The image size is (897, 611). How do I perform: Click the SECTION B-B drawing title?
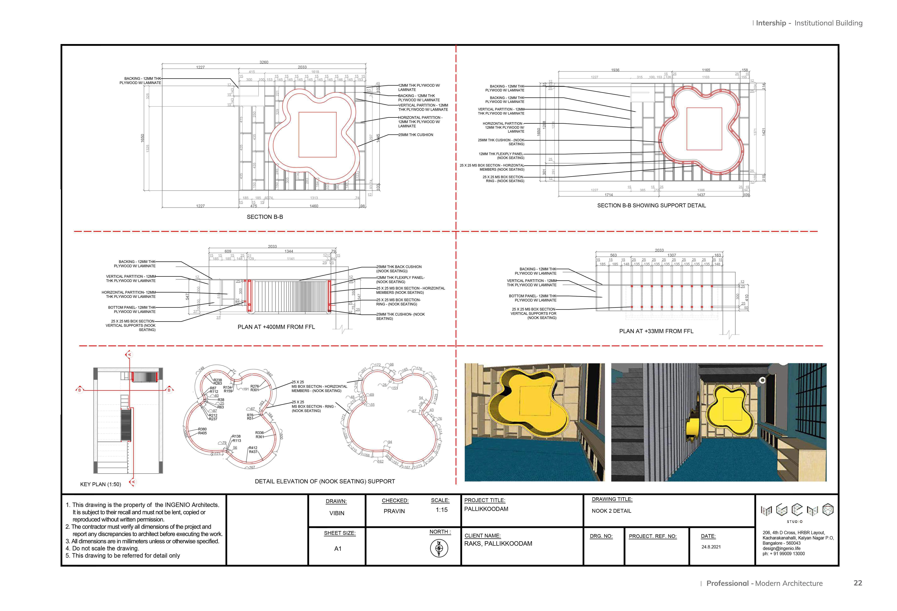click(x=265, y=217)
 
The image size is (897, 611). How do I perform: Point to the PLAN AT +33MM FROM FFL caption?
click(x=656, y=331)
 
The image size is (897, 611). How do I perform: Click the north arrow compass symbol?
click(x=439, y=548)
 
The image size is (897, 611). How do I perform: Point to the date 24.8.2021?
click(x=711, y=547)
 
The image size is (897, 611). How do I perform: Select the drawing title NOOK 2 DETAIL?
click(x=611, y=511)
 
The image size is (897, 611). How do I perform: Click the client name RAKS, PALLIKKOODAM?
click(x=498, y=544)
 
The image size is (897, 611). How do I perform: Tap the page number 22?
click(x=858, y=583)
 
